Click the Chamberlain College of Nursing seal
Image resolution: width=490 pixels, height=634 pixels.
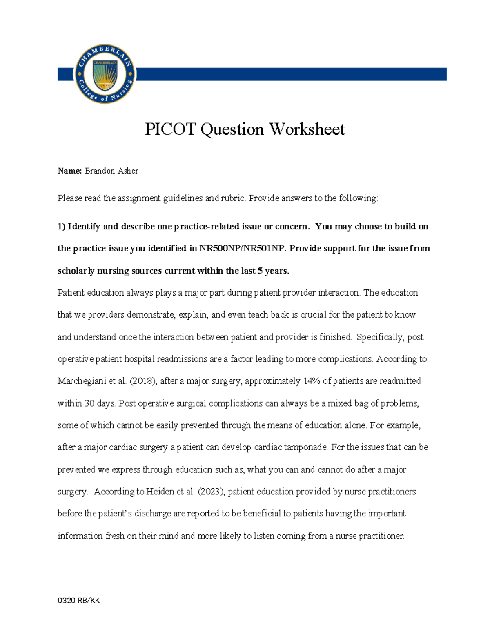[x=105, y=74]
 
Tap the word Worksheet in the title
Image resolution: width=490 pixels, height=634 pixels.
[x=307, y=129]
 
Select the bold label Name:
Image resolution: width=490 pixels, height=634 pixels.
[x=70, y=171]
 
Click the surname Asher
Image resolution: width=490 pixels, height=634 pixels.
[x=128, y=171]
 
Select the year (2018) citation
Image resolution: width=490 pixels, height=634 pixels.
[x=143, y=381]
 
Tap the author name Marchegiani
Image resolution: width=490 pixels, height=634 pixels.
[x=82, y=381]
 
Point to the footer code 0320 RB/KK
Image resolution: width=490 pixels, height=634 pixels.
[x=79, y=601]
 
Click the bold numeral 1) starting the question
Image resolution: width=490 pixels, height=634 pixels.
[x=61, y=227]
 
